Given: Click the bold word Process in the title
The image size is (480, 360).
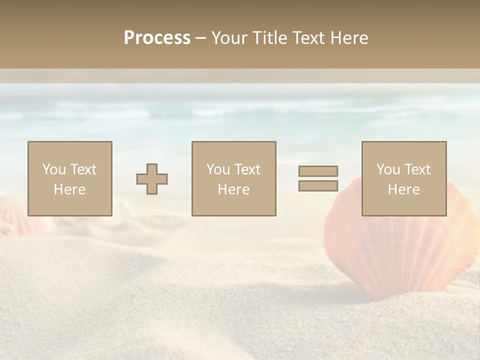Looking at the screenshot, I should tap(157, 38).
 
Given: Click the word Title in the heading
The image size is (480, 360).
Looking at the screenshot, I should tap(270, 38).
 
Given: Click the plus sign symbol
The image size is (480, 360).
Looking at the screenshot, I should tap(152, 179).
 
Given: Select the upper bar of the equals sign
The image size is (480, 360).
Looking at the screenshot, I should tap(318, 171).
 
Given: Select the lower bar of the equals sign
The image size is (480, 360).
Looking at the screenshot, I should tap(318, 185).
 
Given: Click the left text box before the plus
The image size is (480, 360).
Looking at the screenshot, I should tap(69, 178).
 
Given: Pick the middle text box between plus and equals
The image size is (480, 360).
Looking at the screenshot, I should tap(233, 178).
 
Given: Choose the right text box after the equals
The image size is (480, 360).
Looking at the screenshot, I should tap(403, 178).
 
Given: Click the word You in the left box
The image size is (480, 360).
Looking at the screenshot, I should tap(54, 169).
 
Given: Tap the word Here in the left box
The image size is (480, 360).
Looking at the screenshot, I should tap(69, 189).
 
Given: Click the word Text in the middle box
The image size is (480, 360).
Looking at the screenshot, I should tap(247, 169).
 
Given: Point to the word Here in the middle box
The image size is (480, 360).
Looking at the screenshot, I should tap(233, 189).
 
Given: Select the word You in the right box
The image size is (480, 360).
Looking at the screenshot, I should tap(388, 169).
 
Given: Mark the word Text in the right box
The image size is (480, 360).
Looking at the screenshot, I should tap(417, 169).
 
